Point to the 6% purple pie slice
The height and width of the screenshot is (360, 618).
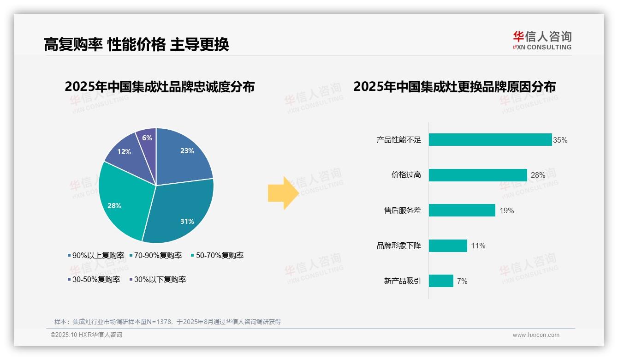coord(147,138)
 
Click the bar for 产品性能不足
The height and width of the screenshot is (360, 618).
coord(490,140)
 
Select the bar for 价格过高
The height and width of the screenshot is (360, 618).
coord(478,175)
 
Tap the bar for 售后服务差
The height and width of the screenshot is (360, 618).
coord(462,210)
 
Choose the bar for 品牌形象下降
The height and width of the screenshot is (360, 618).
coord(448,246)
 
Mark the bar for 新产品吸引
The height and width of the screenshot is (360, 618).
coord(441,281)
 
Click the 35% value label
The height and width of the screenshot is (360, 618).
coord(560,140)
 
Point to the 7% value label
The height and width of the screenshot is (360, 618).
coord(462,281)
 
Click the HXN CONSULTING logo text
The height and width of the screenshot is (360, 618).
coord(542,47)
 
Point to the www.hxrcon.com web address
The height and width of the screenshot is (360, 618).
coord(536,335)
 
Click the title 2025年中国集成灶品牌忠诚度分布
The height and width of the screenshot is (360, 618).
coord(160,87)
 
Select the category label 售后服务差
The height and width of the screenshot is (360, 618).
coord(402,210)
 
